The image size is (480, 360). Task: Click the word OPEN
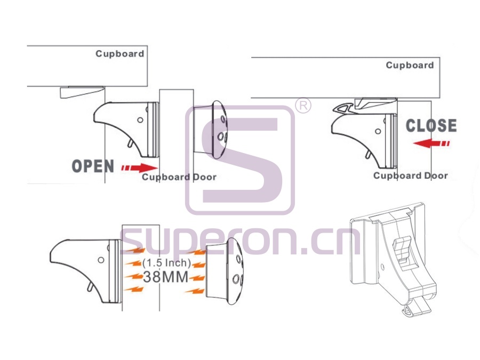pyautogui.click(x=93, y=166)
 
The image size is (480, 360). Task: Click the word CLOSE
pyautogui.click(x=431, y=126)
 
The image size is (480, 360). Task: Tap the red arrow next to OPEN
pyautogui.click(x=139, y=168)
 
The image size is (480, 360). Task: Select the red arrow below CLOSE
pyautogui.click(x=431, y=143)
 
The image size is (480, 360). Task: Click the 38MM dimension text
pyautogui.click(x=166, y=277)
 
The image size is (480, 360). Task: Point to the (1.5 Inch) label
pyautogui.click(x=166, y=262)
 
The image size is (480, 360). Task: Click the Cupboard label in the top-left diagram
pyautogui.click(x=119, y=54)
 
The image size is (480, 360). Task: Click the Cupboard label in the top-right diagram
pyautogui.click(x=410, y=65)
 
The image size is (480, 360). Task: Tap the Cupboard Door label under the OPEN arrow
pyautogui.click(x=179, y=177)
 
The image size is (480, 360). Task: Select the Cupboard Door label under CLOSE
pyautogui.click(x=411, y=175)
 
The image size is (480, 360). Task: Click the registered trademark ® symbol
pyautogui.click(x=303, y=106)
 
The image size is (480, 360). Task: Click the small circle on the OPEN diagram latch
pyautogui.click(x=140, y=120)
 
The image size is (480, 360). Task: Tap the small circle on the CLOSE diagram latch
pyautogui.click(x=378, y=131)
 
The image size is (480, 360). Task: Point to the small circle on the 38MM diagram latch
pyautogui.click(x=101, y=260)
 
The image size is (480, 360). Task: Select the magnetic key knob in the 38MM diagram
pyautogui.click(x=225, y=271)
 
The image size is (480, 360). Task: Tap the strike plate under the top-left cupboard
pyautogui.click(x=82, y=92)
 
